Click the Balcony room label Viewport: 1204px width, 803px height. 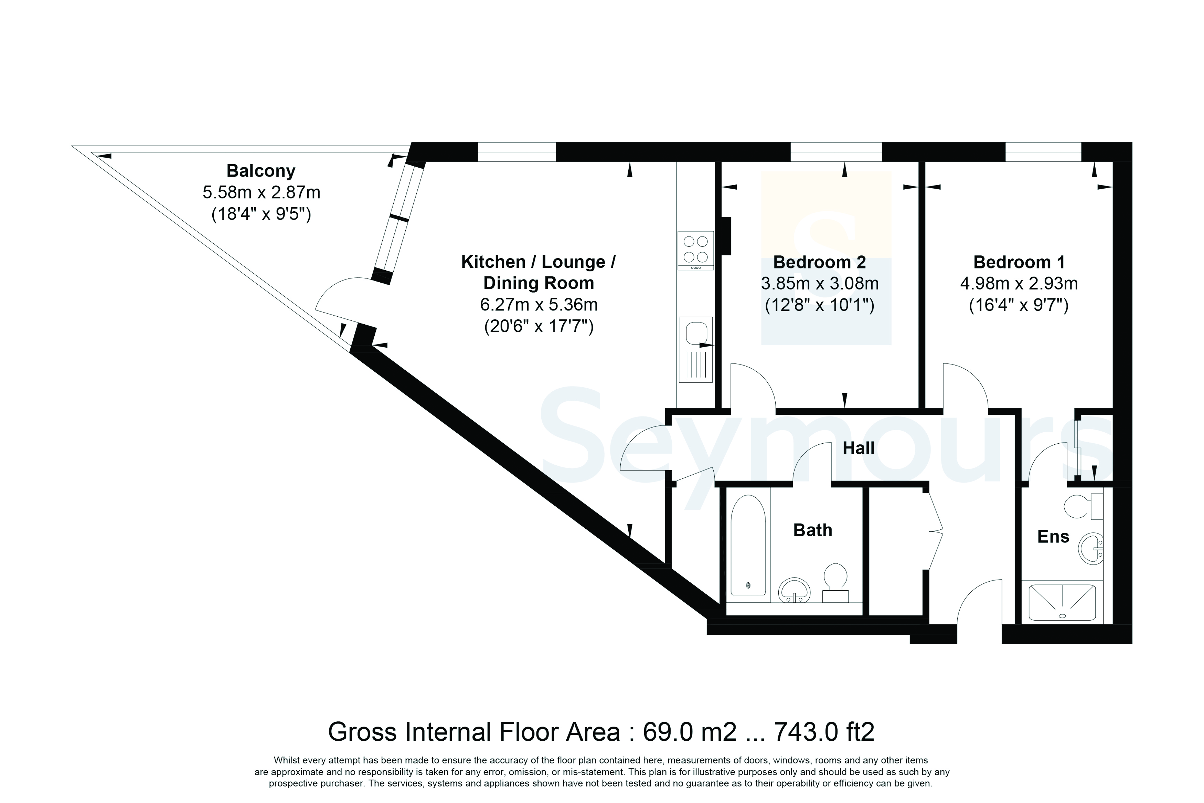(x=261, y=170)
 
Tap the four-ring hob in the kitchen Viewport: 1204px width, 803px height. (x=696, y=251)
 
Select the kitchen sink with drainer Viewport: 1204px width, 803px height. (x=696, y=349)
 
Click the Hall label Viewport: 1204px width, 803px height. (x=859, y=448)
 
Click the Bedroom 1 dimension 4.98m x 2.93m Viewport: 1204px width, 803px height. (x=1019, y=283)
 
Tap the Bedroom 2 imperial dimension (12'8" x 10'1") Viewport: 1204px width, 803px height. (x=820, y=306)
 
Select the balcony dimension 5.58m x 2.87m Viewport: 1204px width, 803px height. (x=261, y=192)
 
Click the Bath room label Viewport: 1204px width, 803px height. (x=812, y=530)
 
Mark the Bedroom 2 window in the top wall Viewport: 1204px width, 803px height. (x=837, y=152)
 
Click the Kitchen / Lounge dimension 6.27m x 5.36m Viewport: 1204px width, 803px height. (x=539, y=305)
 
